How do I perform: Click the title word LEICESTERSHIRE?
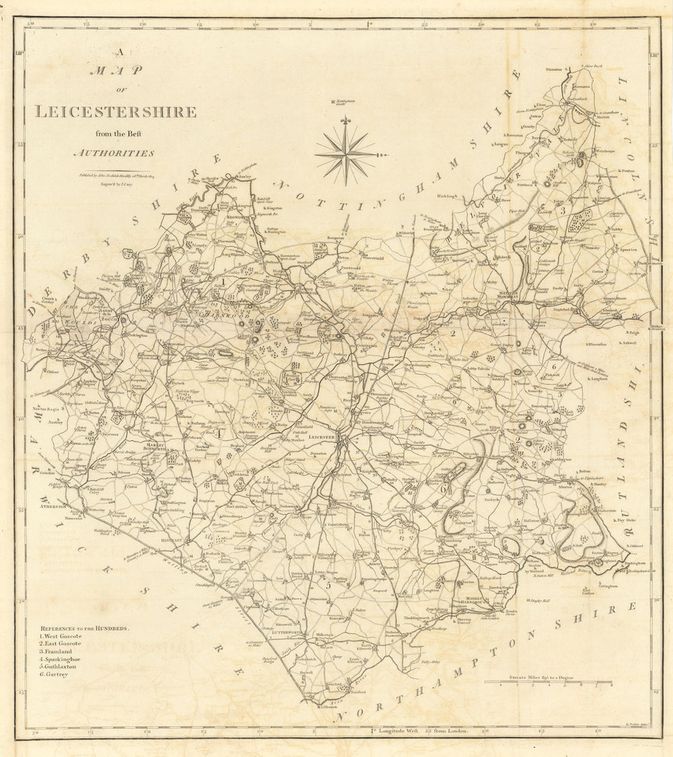[115, 112]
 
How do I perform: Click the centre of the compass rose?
[346, 154]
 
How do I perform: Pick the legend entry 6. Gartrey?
[53, 674]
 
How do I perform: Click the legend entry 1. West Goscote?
[60, 636]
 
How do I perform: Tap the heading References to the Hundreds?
[83, 628]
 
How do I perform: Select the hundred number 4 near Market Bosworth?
[218, 433]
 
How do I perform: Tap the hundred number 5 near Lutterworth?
[328, 584]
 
